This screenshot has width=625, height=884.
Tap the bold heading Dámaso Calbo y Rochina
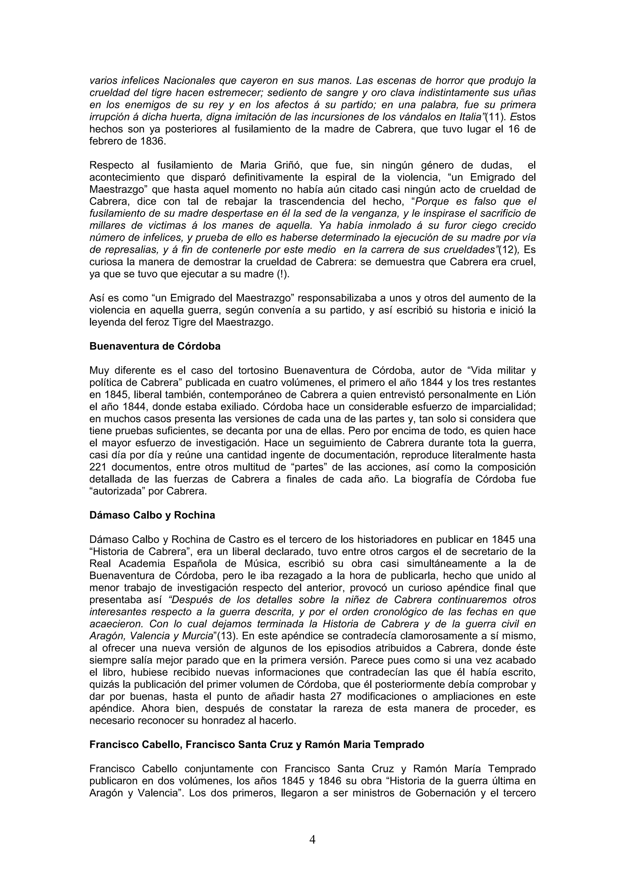152,515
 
